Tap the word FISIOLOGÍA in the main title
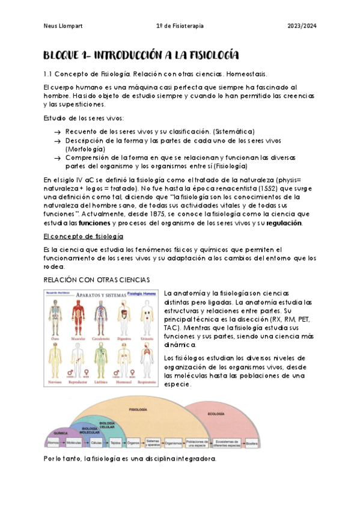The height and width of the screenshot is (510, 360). pyautogui.click(x=206, y=56)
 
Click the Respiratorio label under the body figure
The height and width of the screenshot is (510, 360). pyautogui.click(x=145, y=381)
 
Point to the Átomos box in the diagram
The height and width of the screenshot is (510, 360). pyautogui.click(x=53, y=443)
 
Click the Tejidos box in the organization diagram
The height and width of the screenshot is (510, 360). pyautogui.click(x=114, y=443)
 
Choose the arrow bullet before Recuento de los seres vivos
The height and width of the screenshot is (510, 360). pyautogui.click(x=56, y=132)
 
